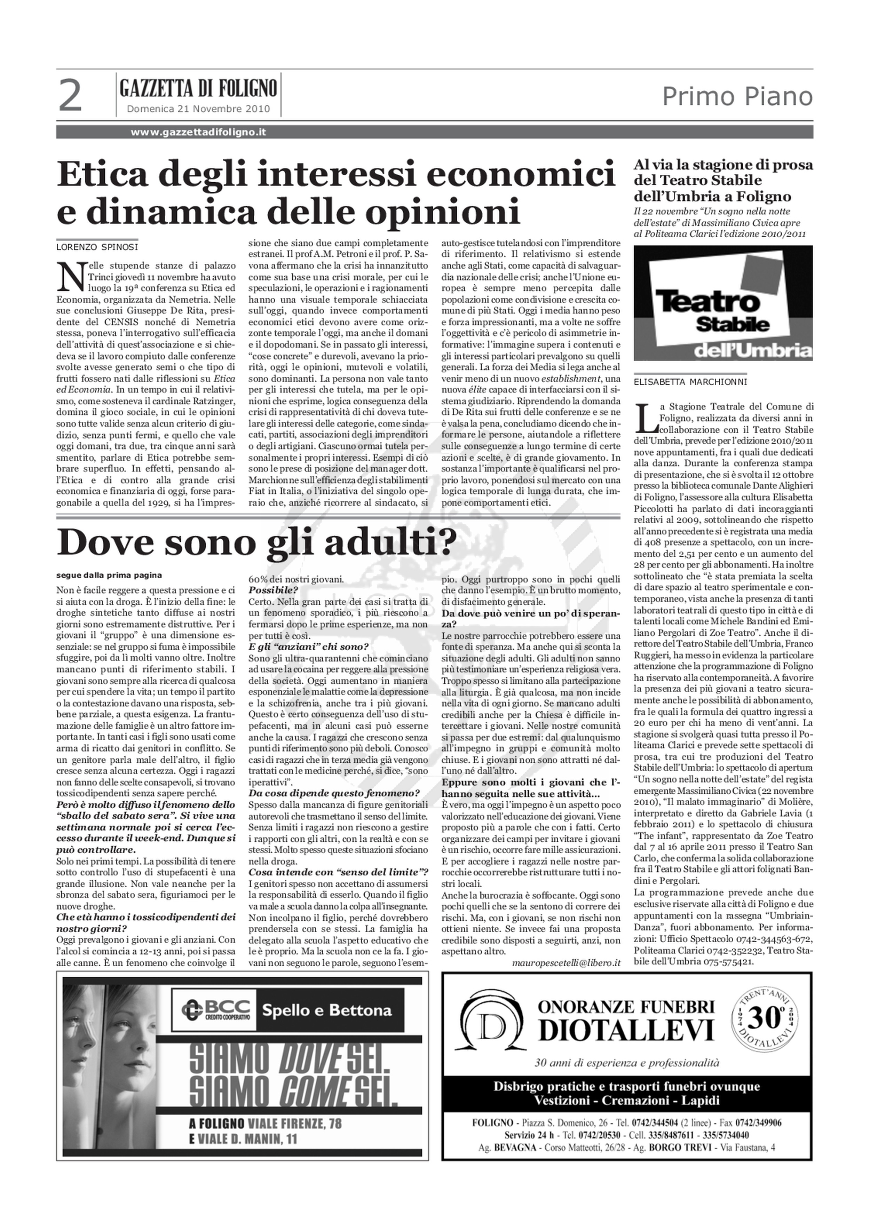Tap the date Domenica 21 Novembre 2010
198,109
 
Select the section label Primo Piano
737,97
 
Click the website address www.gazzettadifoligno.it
198,132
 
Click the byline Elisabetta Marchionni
690,382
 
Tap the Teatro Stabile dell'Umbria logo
723,303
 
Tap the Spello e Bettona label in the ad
326,1010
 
